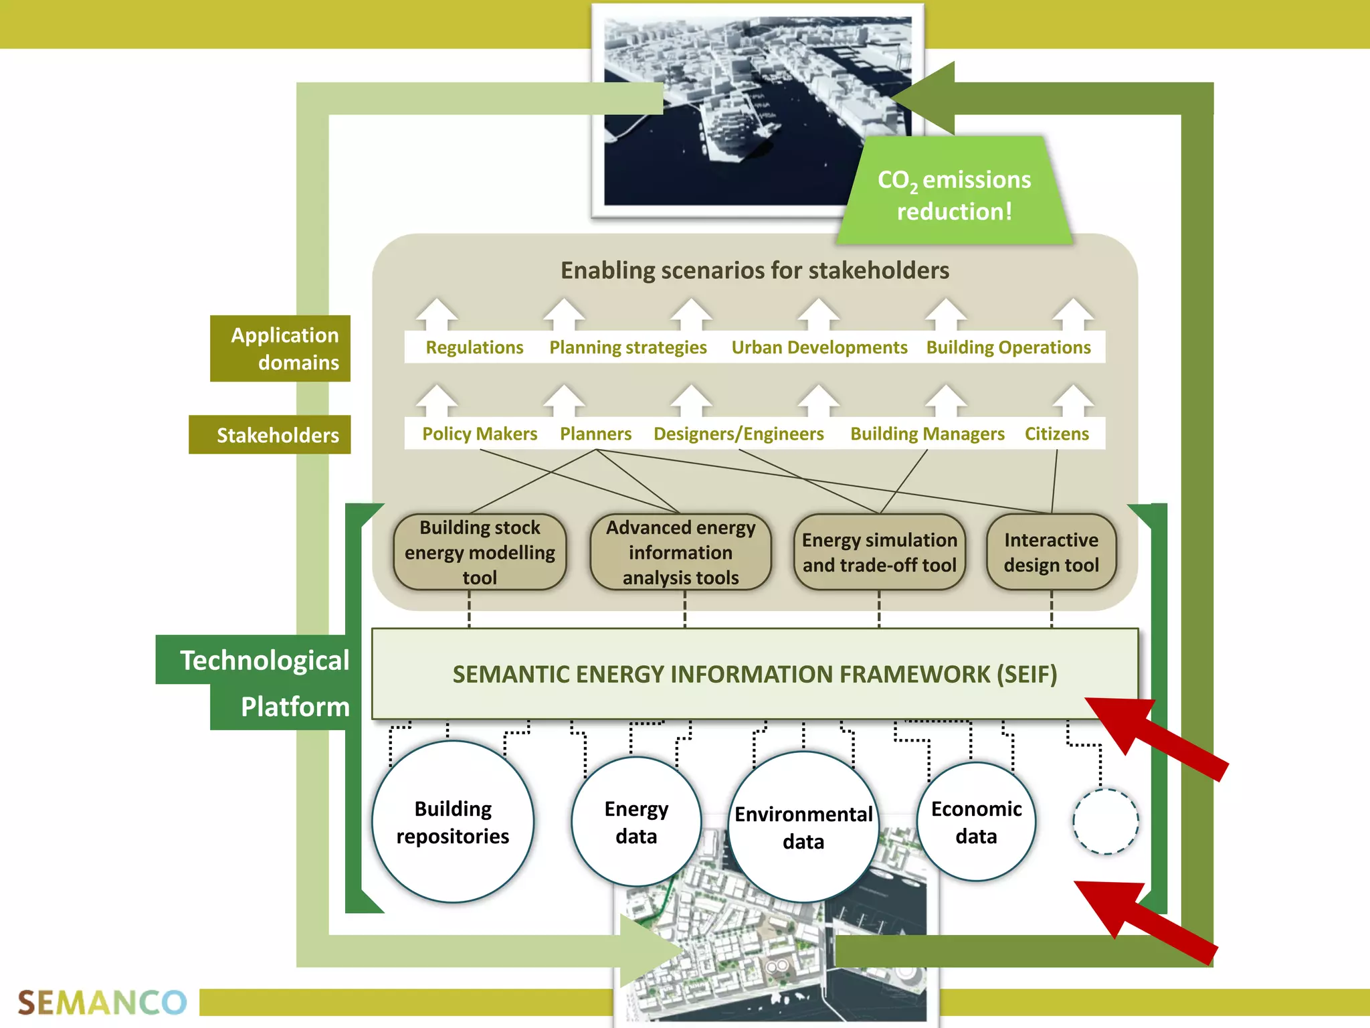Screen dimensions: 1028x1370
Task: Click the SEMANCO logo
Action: pyautogui.click(x=102, y=1003)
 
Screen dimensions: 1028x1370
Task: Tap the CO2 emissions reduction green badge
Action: pyautogui.click(x=954, y=194)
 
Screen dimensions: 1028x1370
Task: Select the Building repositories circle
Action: pyautogui.click(x=453, y=822)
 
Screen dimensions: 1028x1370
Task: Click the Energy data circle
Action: pyautogui.click(x=636, y=822)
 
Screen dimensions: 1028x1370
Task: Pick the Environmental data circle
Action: pyautogui.click(x=803, y=827)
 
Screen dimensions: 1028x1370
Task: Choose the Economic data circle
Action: pyautogui.click(x=976, y=822)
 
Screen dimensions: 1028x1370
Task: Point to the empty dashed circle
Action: pyautogui.click(x=1105, y=821)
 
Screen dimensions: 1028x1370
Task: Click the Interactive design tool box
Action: pyautogui.click(x=1051, y=552)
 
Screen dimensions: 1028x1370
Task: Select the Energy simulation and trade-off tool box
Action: pyautogui.click(x=879, y=552)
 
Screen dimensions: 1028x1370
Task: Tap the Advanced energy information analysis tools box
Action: pyautogui.click(x=680, y=552)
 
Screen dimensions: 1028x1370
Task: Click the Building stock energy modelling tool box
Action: pyautogui.click(x=480, y=552)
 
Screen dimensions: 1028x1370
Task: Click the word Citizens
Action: pyautogui.click(x=1056, y=434)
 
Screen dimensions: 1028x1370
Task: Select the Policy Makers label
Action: pyautogui.click(x=480, y=434)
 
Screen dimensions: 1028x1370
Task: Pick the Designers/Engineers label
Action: pyautogui.click(x=739, y=434)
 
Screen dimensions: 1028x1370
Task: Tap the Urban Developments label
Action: pyautogui.click(x=819, y=347)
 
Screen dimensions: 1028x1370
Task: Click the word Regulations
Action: pyautogui.click(x=474, y=347)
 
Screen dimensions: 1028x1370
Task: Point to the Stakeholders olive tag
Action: pyautogui.click(x=270, y=435)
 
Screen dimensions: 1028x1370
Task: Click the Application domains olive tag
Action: pyautogui.click(x=281, y=349)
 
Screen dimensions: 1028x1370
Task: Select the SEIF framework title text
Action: pyautogui.click(x=755, y=674)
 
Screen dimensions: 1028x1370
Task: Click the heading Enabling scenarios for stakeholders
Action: pyautogui.click(x=755, y=270)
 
